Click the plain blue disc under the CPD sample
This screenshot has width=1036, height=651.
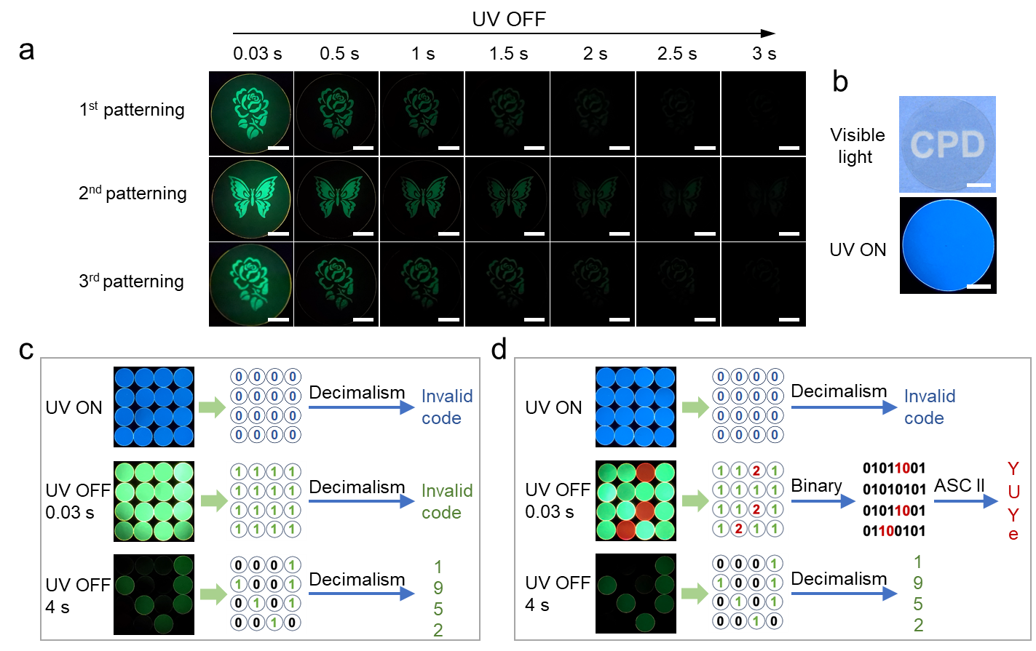pyautogui.click(x=948, y=244)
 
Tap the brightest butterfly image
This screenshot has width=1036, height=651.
pyautogui.click(x=251, y=197)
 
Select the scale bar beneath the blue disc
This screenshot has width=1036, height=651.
pyautogui.click(x=978, y=287)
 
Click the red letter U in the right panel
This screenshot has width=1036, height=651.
pyautogui.click(x=1013, y=492)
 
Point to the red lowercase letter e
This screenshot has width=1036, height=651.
pyautogui.click(x=1013, y=535)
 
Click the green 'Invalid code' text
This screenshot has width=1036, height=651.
pyautogui.click(x=446, y=502)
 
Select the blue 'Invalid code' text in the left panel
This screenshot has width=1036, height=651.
pyautogui.click(x=446, y=407)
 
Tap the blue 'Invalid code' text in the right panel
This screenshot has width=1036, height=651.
pyautogui.click(x=929, y=407)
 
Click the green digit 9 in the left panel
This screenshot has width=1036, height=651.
pyautogui.click(x=438, y=588)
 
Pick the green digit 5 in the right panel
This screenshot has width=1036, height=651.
pyautogui.click(x=918, y=604)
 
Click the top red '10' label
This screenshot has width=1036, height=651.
pyautogui.click(x=902, y=468)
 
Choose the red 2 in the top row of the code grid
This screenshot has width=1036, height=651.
pyautogui.click(x=756, y=471)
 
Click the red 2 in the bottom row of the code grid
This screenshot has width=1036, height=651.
pyautogui.click(x=738, y=529)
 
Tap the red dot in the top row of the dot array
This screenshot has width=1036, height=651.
pyautogui.click(x=645, y=473)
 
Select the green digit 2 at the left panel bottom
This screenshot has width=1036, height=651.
pyautogui.click(x=438, y=630)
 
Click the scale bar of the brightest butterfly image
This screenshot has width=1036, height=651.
pyautogui.click(x=278, y=233)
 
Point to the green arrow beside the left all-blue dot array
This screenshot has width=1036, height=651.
pyautogui.click(x=213, y=408)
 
